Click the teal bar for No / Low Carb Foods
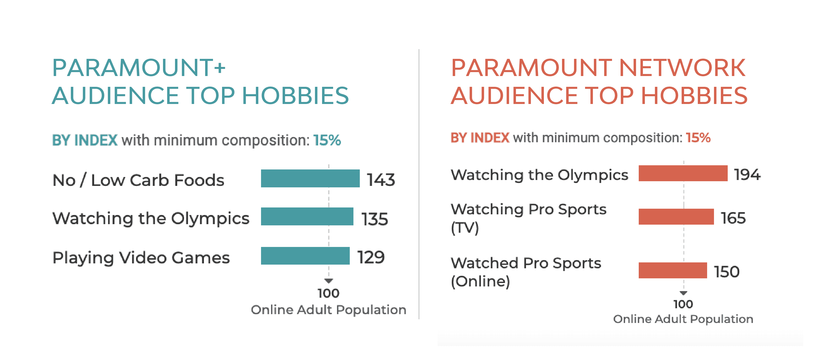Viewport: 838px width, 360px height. pos(310,178)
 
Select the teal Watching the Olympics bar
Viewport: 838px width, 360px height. pos(307,217)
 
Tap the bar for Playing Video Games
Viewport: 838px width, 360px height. pos(305,256)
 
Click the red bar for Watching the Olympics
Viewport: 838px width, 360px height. pos(683,173)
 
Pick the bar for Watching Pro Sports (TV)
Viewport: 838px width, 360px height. pos(676,217)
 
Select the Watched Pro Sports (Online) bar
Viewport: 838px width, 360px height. pos(672,270)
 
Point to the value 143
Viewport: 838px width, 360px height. pos(381,180)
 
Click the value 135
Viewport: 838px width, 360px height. pos(375,219)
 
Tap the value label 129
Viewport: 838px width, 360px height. pos(371,257)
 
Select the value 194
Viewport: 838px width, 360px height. pos(747,174)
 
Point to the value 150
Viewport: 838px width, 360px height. pos(727,272)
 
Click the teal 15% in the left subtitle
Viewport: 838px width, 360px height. pos(327,140)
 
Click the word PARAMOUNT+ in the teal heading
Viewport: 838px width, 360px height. pos(138,68)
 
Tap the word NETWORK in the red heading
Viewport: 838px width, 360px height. pos(682,68)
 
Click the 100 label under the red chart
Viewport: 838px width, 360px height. pos(683,304)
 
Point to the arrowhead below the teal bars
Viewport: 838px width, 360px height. pos(329,281)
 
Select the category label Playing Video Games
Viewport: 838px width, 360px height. pos(141,258)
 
